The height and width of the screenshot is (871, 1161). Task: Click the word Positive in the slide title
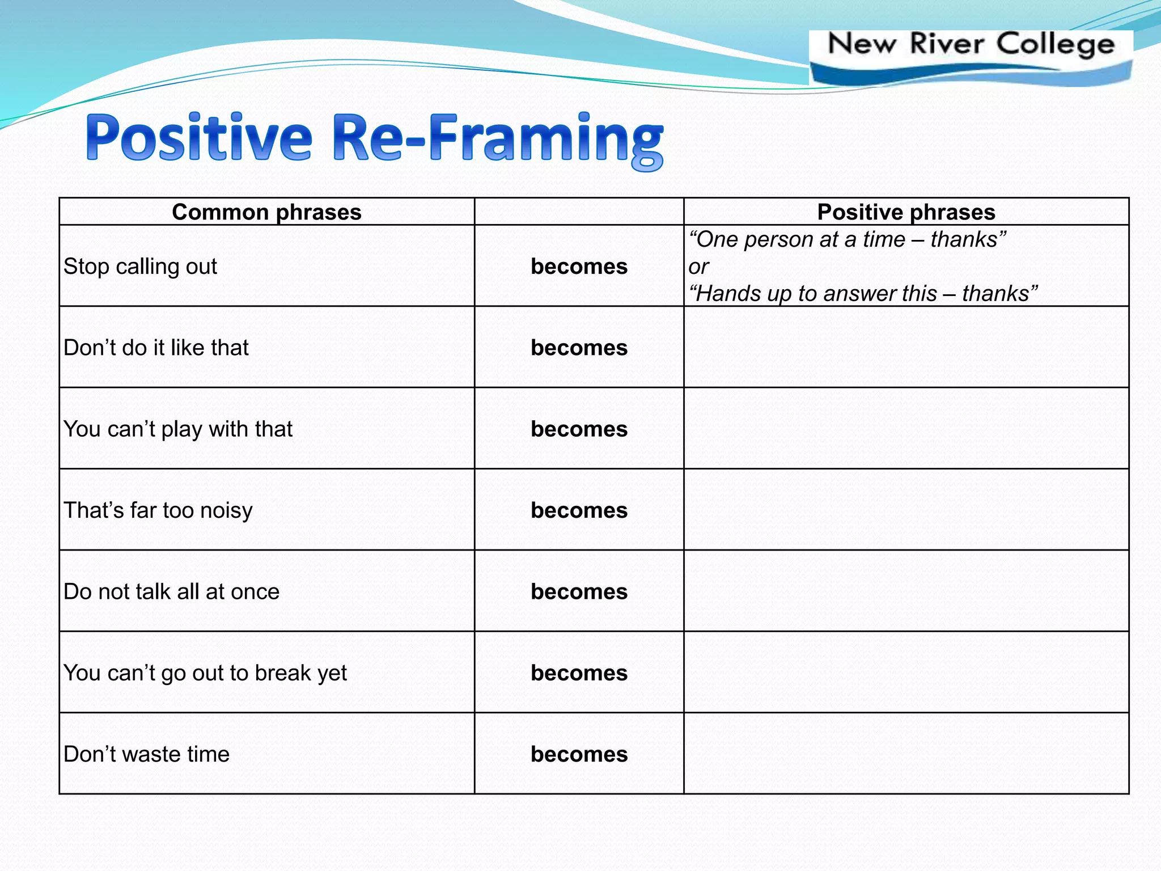click(199, 137)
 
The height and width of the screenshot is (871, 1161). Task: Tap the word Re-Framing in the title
click(497, 139)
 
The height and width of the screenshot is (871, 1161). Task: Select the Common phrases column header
click(266, 212)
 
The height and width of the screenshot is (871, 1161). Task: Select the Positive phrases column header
click(906, 212)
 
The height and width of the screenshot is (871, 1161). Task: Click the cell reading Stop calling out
click(140, 267)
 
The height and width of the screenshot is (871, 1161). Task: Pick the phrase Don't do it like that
click(156, 348)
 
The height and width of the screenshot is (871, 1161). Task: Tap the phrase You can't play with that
click(177, 429)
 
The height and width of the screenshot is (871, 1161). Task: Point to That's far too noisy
click(158, 510)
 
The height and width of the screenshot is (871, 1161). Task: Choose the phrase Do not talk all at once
click(171, 591)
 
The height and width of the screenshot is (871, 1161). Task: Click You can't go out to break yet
click(205, 673)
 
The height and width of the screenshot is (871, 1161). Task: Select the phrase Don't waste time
click(146, 754)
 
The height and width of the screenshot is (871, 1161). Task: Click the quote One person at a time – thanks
click(847, 239)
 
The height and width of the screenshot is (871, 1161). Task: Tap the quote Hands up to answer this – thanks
click(863, 294)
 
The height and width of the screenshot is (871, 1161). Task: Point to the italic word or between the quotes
click(698, 267)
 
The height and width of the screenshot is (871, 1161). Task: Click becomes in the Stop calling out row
click(579, 267)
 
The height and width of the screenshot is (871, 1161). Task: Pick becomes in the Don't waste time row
click(579, 754)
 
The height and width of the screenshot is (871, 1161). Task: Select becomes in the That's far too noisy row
click(579, 510)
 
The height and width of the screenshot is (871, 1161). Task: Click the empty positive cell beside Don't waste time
click(906, 753)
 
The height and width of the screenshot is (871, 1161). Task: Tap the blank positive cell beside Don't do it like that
click(906, 347)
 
